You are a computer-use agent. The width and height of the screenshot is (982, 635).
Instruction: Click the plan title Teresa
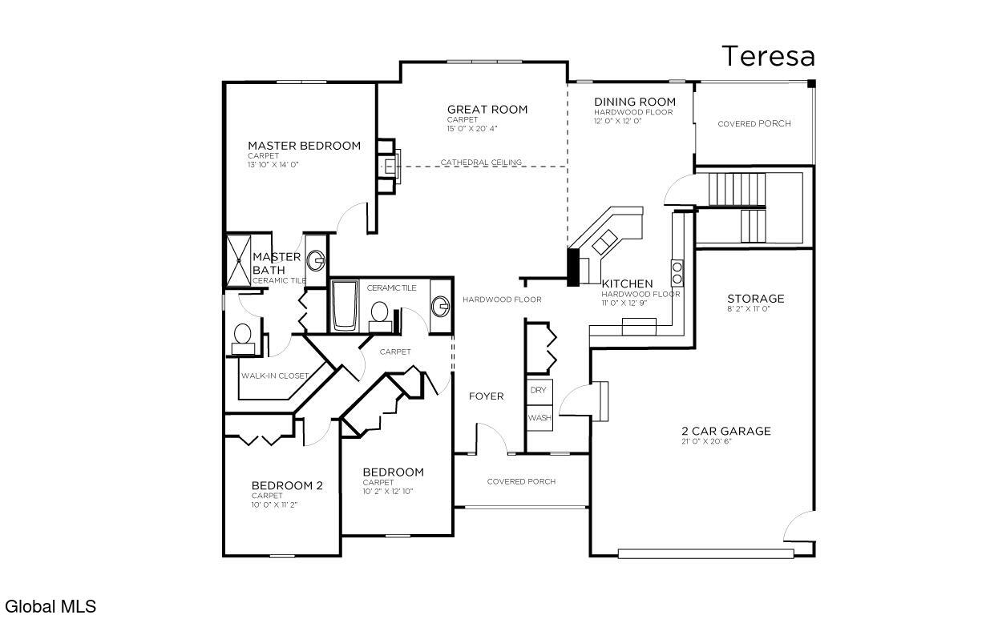pyautogui.click(x=768, y=57)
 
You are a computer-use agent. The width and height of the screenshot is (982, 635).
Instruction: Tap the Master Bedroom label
pyautogui.click(x=304, y=146)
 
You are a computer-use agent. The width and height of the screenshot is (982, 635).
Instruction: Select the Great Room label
pyautogui.click(x=487, y=110)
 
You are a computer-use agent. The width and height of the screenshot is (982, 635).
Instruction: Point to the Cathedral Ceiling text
pyautogui.click(x=481, y=163)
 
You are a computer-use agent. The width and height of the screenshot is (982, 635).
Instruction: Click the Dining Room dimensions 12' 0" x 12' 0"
pyautogui.click(x=617, y=122)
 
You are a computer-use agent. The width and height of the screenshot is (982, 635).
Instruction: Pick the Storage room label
pyautogui.click(x=755, y=299)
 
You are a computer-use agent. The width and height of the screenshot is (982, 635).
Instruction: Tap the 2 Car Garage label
pyautogui.click(x=725, y=431)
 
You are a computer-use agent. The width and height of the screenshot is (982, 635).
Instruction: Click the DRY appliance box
pyautogui.click(x=538, y=390)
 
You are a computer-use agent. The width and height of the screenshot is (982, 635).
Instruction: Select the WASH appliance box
pyautogui.click(x=539, y=418)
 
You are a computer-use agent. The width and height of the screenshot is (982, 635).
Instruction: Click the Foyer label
pyautogui.click(x=486, y=396)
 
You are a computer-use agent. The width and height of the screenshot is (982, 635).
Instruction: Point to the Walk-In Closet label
pyautogui.click(x=275, y=376)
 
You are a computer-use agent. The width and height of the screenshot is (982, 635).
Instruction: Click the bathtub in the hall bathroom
pyautogui.click(x=346, y=304)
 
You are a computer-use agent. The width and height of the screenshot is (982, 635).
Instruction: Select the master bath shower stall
pyautogui.click(x=238, y=260)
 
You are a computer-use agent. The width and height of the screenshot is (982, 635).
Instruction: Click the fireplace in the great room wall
pyautogui.click(x=391, y=167)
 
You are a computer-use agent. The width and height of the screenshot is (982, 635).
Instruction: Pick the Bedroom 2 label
pyautogui.click(x=287, y=485)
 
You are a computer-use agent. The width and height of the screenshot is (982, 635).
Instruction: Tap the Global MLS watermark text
pyautogui.click(x=51, y=607)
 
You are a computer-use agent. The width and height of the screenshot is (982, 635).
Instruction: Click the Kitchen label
pyautogui.click(x=627, y=283)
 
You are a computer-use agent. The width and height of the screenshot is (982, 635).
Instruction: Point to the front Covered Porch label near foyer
pyautogui.click(x=521, y=481)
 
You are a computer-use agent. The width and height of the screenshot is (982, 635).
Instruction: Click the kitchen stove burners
pyautogui.click(x=677, y=272)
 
